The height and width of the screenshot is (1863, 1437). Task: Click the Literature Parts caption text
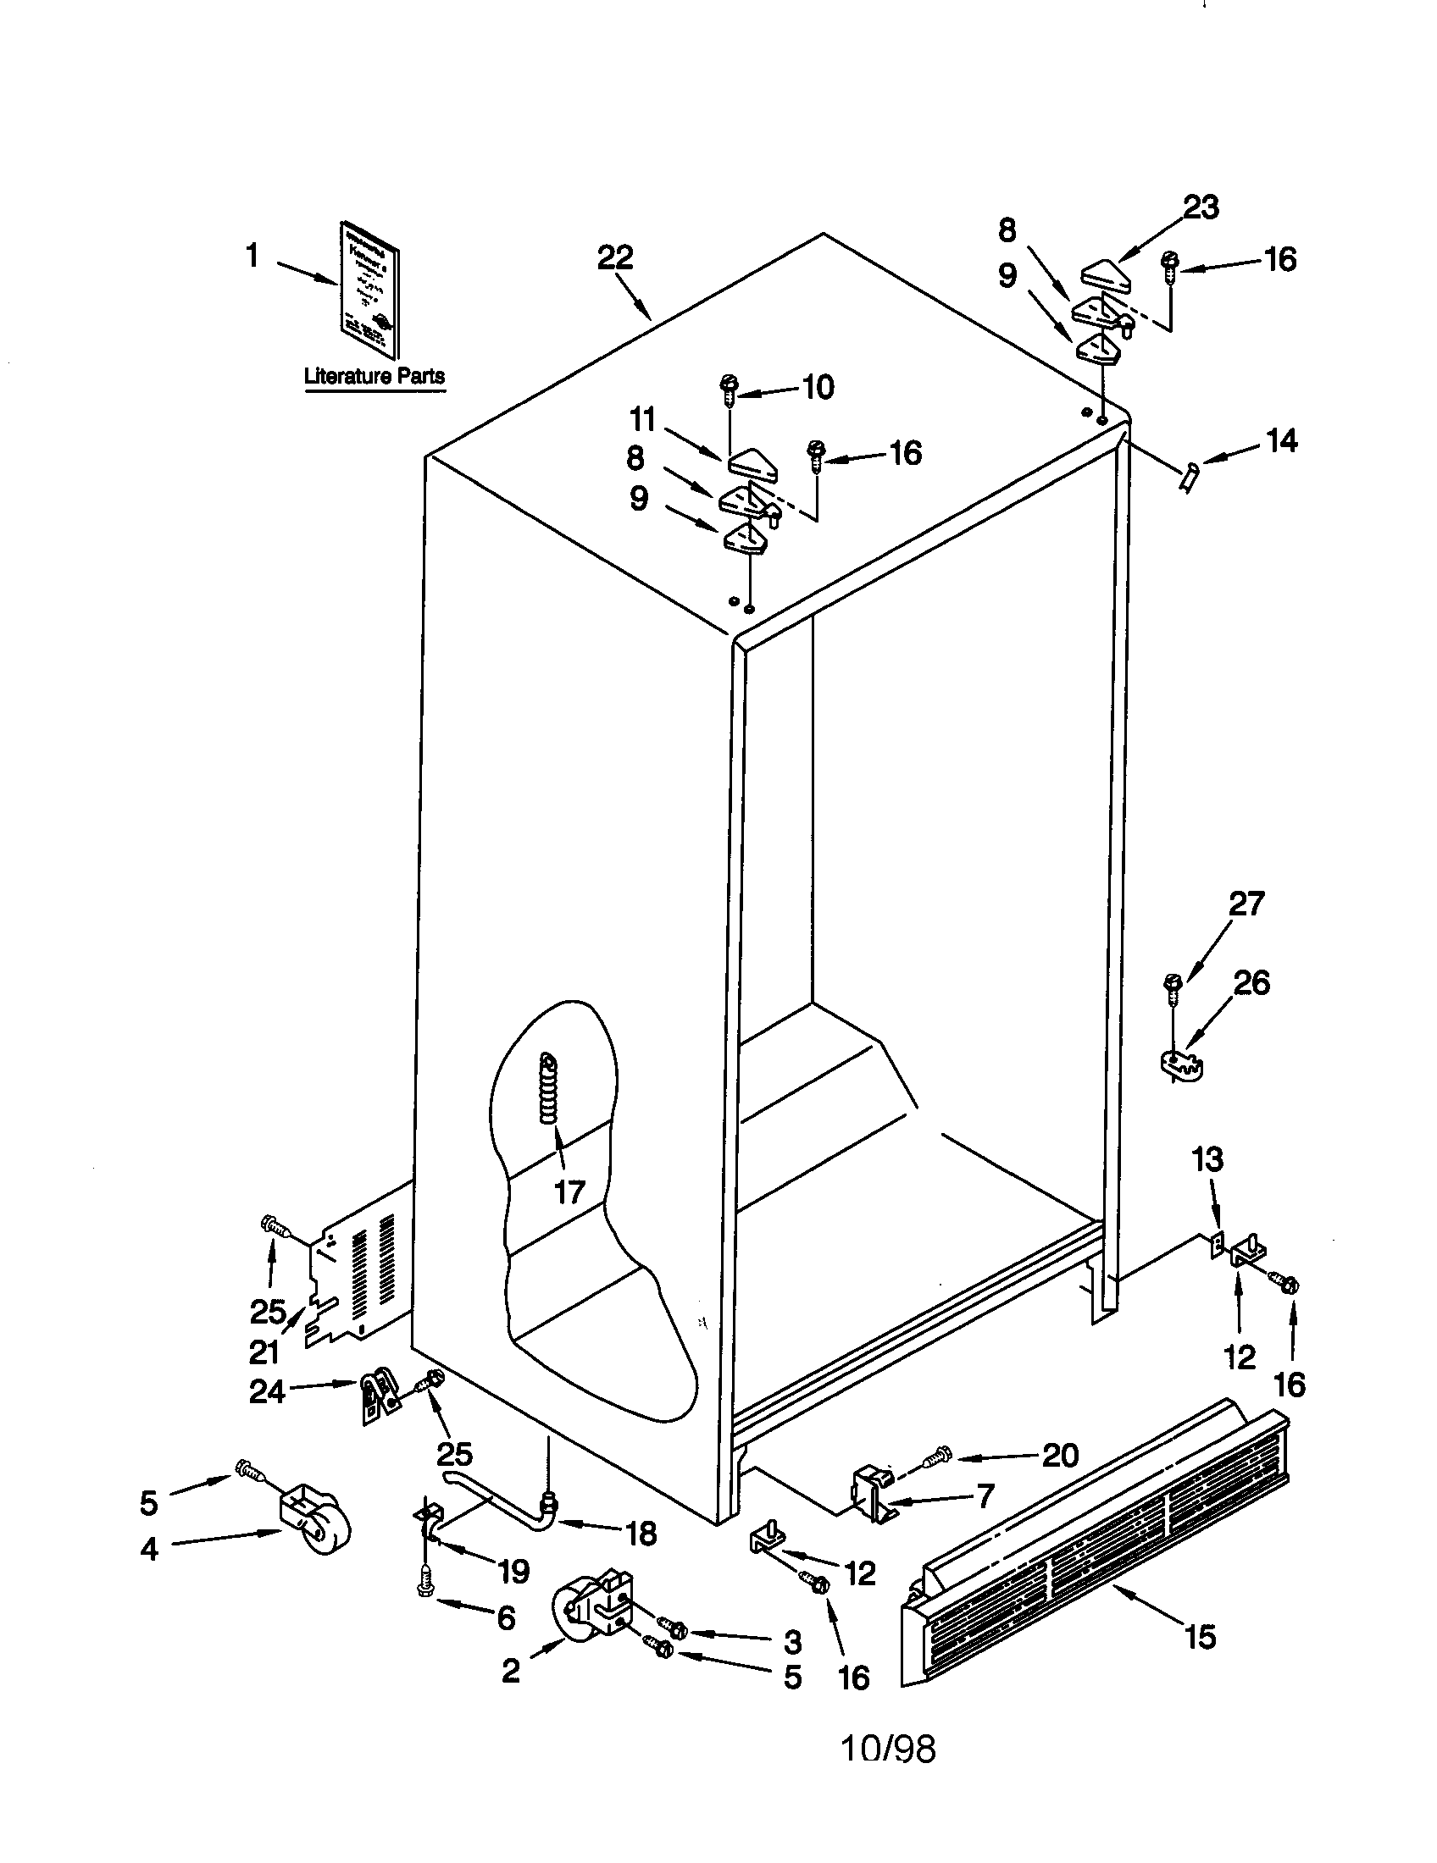[x=374, y=375]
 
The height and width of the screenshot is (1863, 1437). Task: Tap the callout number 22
[x=615, y=257]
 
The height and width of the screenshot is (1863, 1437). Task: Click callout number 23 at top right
[x=1201, y=207]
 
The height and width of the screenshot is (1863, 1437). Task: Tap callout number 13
[x=1208, y=1159]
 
